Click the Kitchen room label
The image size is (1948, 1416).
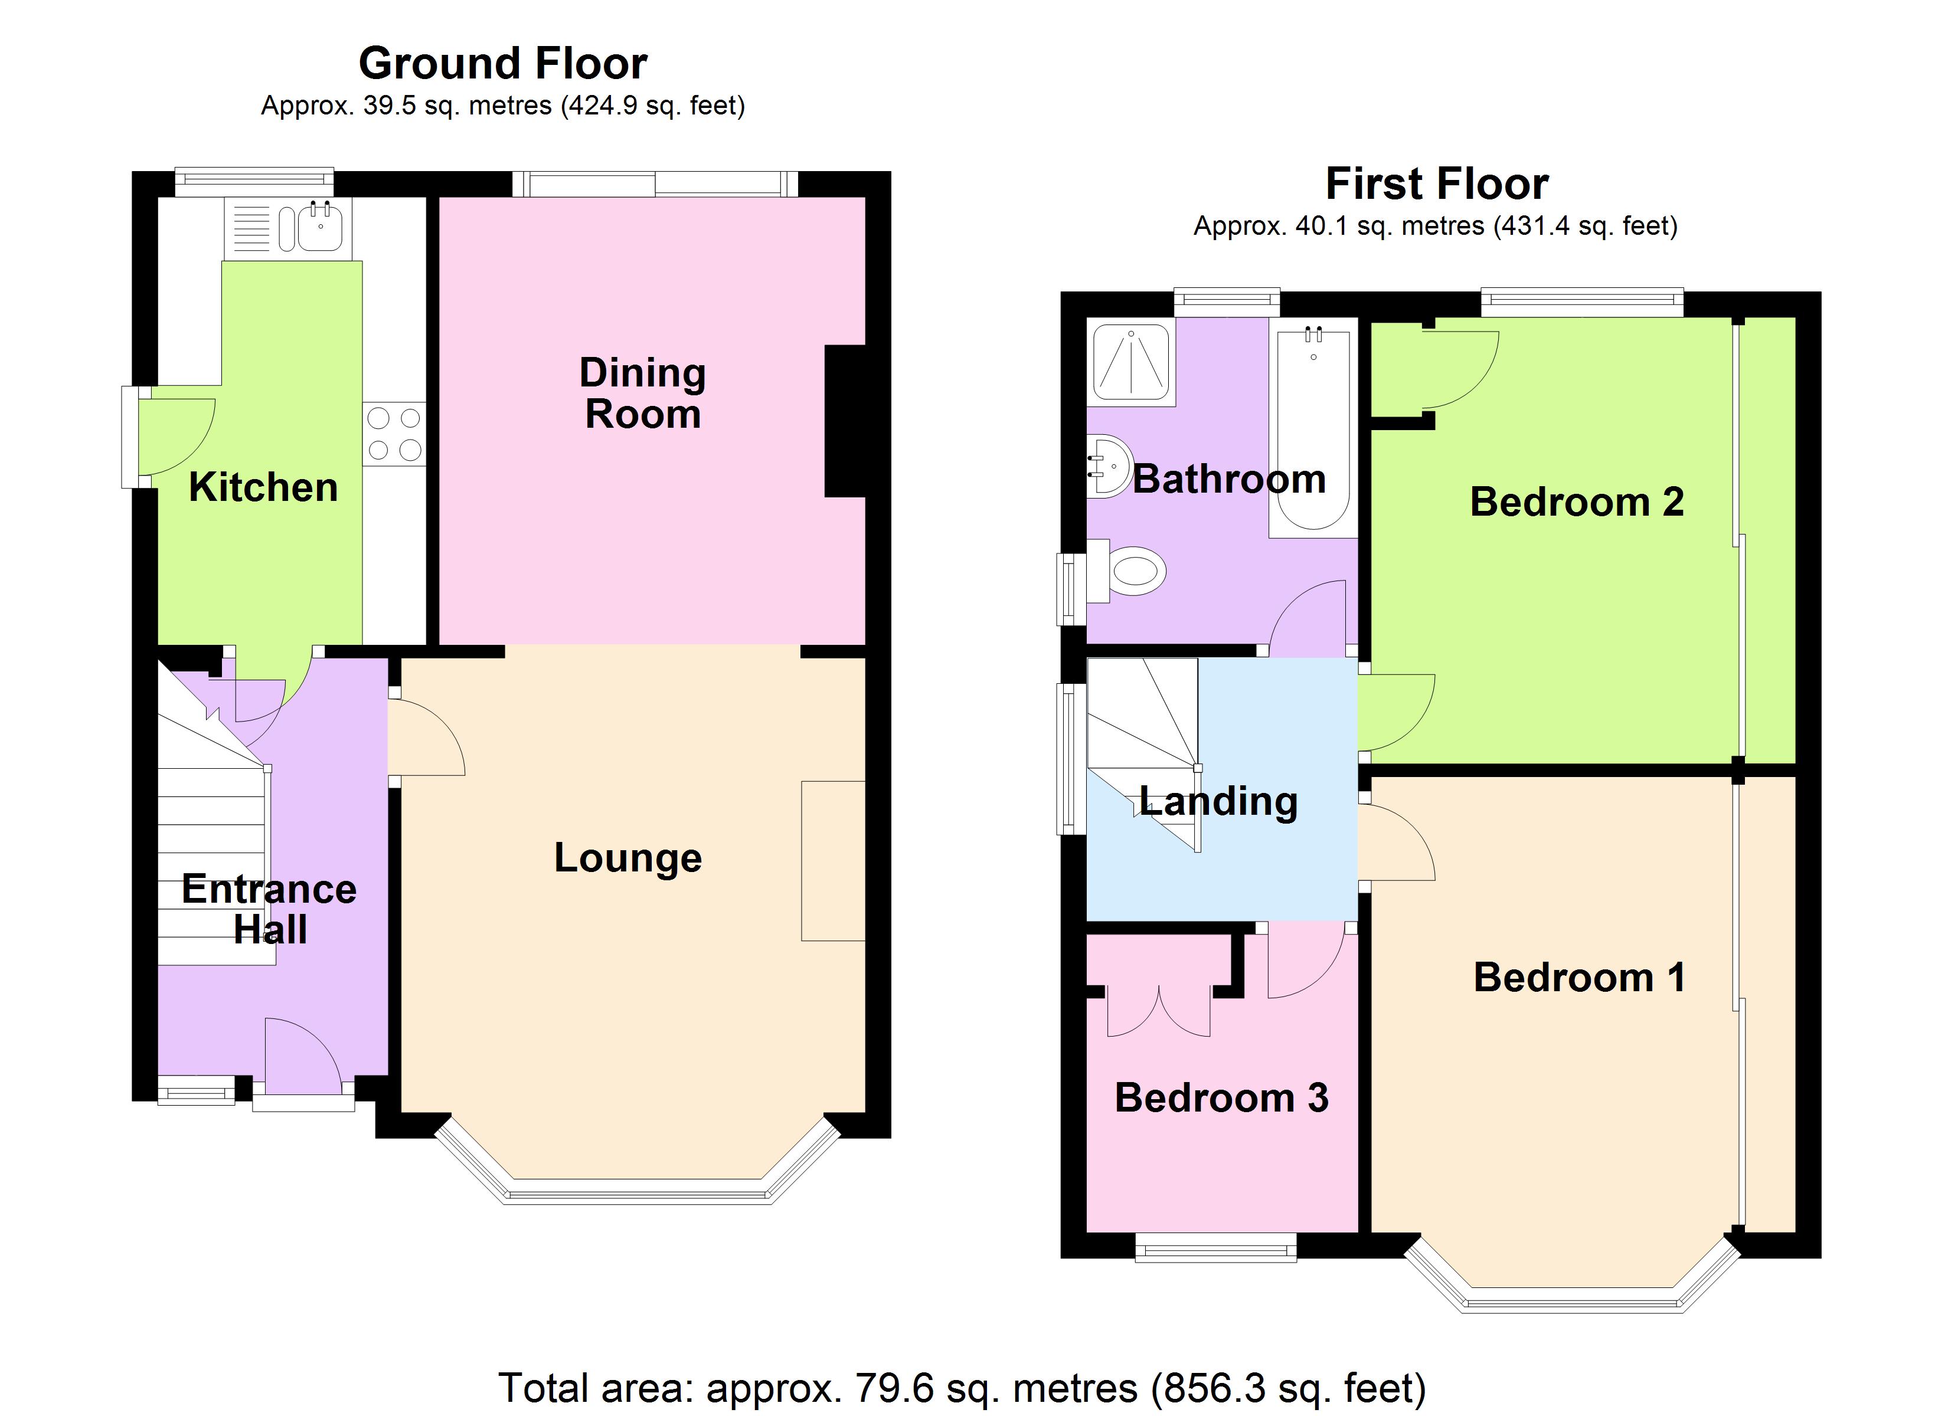pos(263,488)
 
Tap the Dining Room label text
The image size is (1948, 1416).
pos(642,394)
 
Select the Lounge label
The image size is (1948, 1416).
pos(628,858)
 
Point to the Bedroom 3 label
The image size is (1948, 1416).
pos(1221,1097)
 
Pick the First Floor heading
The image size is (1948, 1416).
pos(1437,183)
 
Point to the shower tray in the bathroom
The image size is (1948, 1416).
pos(1130,362)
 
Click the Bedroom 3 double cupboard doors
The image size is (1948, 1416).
pos(1159,1011)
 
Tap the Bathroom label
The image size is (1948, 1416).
pos(1229,479)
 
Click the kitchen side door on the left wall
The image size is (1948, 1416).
pos(168,436)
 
